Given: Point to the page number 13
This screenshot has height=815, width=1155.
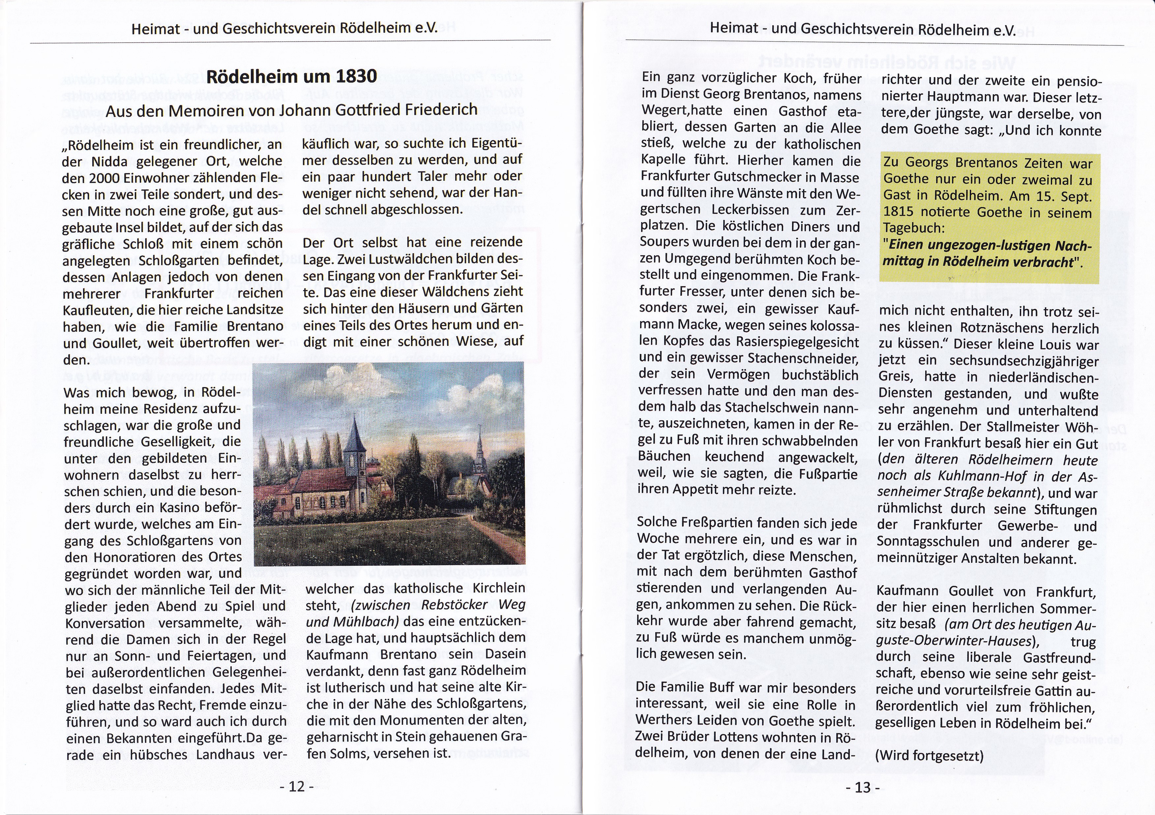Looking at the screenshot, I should [862, 787].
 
